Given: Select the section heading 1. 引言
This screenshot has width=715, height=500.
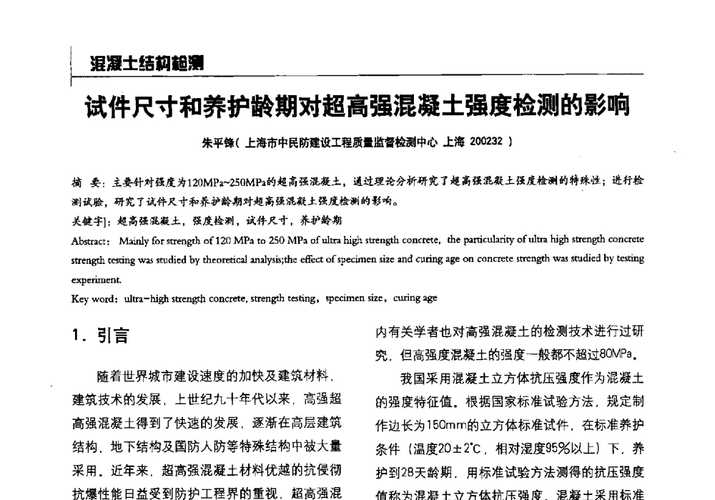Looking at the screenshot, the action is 101,336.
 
